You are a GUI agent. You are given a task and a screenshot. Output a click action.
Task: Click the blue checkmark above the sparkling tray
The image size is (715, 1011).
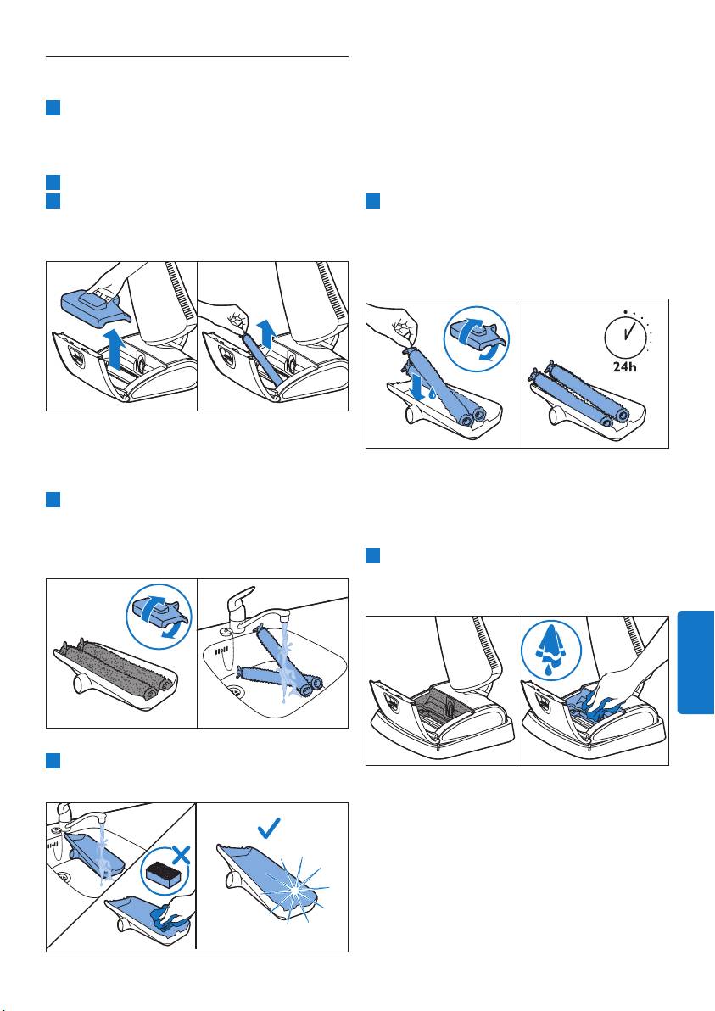tap(268, 828)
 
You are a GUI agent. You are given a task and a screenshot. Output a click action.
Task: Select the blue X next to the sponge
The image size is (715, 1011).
tap(182, 856)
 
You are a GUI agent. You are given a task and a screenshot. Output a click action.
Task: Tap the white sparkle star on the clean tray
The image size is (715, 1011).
tap(296, 890)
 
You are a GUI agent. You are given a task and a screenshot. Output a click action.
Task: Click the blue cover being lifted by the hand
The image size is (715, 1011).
tap(96, 305)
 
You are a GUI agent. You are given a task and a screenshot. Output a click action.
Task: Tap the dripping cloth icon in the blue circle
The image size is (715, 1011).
tap(550, 650)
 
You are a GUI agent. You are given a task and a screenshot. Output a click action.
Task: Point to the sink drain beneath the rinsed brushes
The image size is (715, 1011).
tap(236, 692)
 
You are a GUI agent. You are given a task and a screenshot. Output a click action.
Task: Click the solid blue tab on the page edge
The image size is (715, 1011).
tap(695, 662)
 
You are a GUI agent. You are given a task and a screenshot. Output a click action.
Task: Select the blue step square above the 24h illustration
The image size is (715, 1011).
tap(372, 200)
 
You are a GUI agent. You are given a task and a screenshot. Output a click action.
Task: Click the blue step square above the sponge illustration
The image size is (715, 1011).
tap(53, 761)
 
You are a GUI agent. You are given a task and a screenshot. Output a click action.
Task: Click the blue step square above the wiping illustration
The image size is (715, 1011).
tap(372, 556)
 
